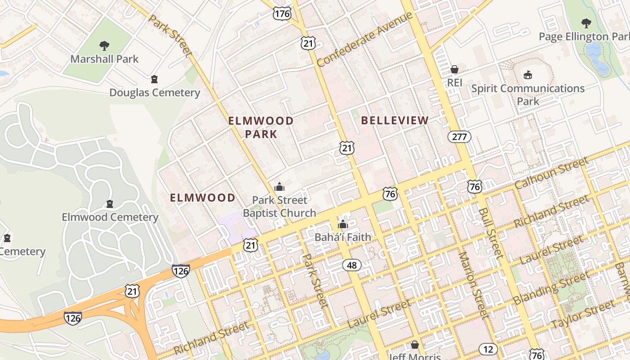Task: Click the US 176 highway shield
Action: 282,13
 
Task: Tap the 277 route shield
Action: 459,136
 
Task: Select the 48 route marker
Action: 351,265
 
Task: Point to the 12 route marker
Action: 488,349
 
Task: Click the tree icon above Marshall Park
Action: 104,45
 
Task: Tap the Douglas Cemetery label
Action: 154,93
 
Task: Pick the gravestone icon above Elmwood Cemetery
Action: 109,204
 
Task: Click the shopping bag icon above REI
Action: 454,69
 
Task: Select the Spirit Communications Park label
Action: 528,94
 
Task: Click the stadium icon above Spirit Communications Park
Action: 528,74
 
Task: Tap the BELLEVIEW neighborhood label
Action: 395,120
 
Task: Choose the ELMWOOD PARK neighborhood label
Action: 261,127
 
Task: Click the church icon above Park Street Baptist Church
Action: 279,186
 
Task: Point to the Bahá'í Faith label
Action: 343,237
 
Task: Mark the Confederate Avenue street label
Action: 364,40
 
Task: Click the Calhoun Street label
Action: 551,174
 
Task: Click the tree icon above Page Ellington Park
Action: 586,23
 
